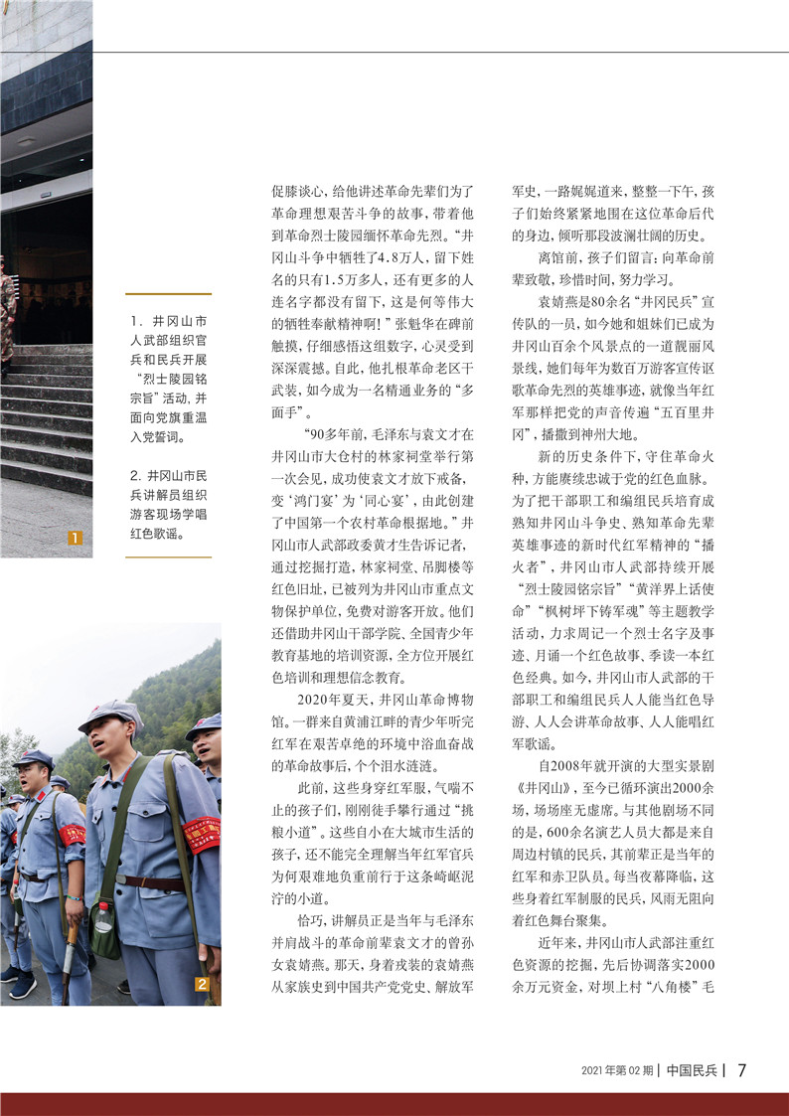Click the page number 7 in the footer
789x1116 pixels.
[741, 1070]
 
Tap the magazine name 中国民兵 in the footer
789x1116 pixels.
[693, 1070]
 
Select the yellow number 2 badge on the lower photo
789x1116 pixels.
[202, 985]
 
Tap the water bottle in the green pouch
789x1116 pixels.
[103, 917]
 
